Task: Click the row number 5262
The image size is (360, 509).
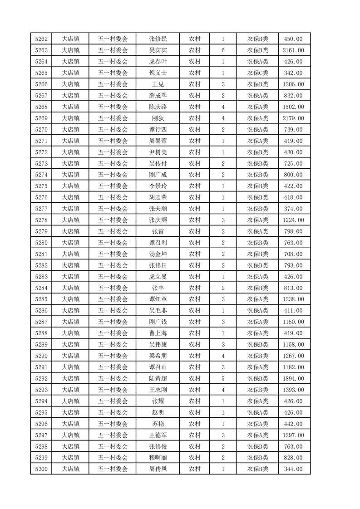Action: pos(42,39)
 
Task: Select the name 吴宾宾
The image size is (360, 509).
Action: pos(158,50)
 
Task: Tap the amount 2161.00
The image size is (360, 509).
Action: pos(293,50)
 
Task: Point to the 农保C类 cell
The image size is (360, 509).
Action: pos(257,73)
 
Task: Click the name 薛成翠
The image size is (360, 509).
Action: pos(158,96)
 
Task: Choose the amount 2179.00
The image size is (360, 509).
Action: pos(293,118)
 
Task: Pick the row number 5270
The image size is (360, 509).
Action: pos(42,130)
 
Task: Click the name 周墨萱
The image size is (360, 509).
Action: pos(158,141)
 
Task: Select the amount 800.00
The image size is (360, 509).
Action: pos(293,175)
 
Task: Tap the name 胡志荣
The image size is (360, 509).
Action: pos(158,197)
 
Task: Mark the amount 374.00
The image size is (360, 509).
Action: pos(293,209)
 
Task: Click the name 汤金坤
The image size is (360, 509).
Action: pos(158,254)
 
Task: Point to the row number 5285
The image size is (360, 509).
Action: pos(42,299)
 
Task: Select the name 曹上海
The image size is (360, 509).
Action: pos(158,333)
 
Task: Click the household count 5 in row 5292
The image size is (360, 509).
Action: pos(223,378)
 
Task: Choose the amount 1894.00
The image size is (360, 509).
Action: pos(293,378)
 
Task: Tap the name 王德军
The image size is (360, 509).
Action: pos(158,435)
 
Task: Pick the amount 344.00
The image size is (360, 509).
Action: pos(293,469)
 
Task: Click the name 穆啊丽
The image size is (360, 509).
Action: pos(158,458)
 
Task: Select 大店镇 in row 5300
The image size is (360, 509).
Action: pos(71,469)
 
